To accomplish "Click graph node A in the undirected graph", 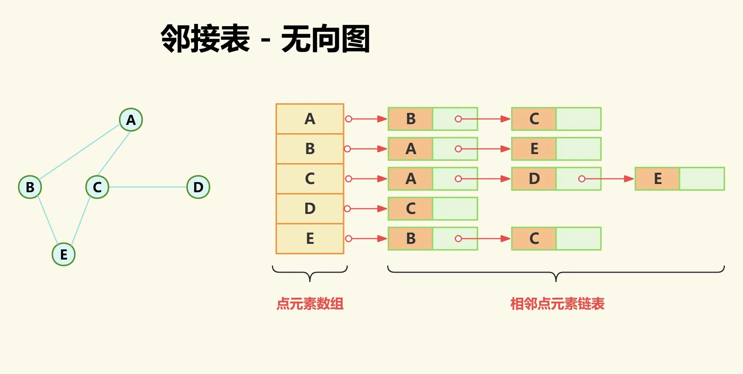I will click(131, 120).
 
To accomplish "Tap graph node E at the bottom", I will click(64, 254).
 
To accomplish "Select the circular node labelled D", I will click(198, 187).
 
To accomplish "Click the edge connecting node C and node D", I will click(148, 187).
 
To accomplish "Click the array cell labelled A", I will click(310, 119).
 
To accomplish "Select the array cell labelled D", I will click(310, 209).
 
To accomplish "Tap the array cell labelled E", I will click(310, 239).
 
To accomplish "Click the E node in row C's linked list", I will click(657, 179).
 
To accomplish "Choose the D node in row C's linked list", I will click(534, 179).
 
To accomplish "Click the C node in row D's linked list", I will click(410, 209).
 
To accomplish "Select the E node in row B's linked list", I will click(534, 149).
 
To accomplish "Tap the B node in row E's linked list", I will click(410, 239).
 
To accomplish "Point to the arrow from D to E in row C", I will click(608, 179).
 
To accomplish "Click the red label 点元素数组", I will click(310, 304).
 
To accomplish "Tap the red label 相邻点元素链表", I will click(557, 304).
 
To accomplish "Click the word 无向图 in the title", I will click(325, 39).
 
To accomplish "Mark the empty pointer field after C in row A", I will click(578, 119).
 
